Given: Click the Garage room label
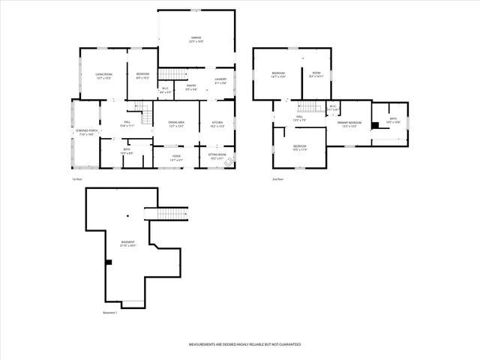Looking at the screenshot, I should [196, 39].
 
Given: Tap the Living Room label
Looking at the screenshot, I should [103, 76].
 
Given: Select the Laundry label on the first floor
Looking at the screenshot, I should [220, 80].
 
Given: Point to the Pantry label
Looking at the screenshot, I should [192, 88].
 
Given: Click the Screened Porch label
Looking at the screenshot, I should [85, 133].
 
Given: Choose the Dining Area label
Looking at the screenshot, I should [177, 124].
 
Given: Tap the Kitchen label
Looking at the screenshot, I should [217, 124].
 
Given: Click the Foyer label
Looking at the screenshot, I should [176, 157].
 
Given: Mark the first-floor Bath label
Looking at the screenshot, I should [127, 151].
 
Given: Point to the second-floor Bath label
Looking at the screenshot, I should [393, 120].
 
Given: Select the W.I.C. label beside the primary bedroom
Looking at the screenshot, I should [333, 107].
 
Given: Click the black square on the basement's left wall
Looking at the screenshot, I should [109, 262].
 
